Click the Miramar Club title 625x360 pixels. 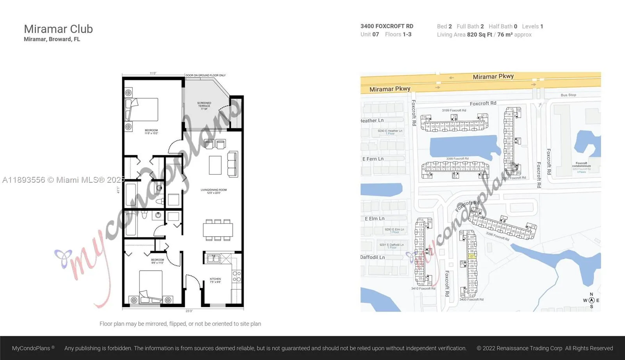pos(58,29)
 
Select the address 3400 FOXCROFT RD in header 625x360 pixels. pos(387,26)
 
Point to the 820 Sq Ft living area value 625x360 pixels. pos(479,35)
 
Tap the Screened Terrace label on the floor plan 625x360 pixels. pos(204,106)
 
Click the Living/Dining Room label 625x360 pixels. pos(214,191)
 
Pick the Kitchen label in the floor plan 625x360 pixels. pos(215,280)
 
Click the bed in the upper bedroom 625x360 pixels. pos(142,109)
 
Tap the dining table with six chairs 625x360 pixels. pos(218,230)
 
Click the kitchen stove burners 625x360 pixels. pos(237,276)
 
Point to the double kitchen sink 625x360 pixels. pos(213,258)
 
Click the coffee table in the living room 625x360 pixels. pos(215,165)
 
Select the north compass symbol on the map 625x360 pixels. pos(591,300)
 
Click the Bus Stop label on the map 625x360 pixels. pos(568,95)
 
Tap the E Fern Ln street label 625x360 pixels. pos(373,159)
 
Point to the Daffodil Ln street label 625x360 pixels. pos(372,257)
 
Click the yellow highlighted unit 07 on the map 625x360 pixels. pos(471,256)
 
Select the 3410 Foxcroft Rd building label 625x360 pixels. pos(423,289)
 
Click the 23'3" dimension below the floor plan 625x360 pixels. pos(189,311)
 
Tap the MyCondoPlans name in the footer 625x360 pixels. pos(31,348)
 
